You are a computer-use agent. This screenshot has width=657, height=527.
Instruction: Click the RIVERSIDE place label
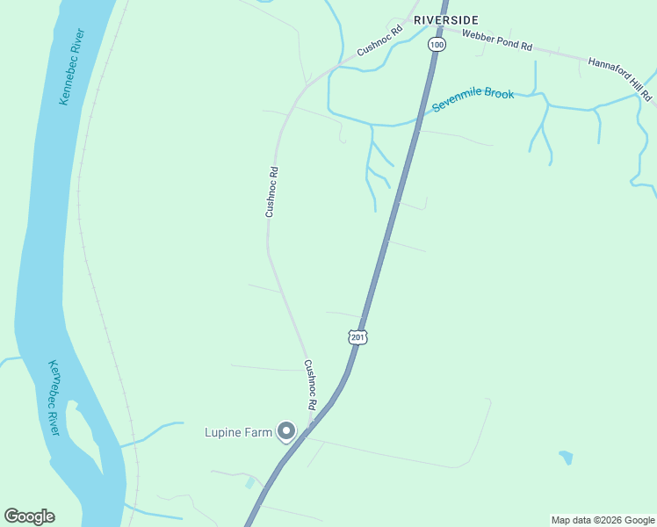[446, 19]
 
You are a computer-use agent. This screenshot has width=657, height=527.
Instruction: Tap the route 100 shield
[437, 44]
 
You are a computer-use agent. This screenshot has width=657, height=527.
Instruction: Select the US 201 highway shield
[357, 336]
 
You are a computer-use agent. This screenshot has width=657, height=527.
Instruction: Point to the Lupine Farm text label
[239, 432]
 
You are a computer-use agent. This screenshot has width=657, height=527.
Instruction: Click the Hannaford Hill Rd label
[621, 78]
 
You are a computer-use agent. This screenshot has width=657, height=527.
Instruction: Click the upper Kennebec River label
[72, 67]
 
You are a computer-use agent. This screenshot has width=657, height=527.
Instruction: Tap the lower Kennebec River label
[54, 397]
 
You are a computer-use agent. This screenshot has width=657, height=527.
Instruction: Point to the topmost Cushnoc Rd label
[379, 40]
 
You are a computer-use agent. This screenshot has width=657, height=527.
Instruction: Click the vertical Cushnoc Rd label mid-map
[272, 192]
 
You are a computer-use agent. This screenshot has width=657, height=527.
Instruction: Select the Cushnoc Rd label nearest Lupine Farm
[309, 386]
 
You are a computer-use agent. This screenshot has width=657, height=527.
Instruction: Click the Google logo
[29, 516]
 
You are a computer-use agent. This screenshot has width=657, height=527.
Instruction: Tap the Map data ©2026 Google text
[603, 520]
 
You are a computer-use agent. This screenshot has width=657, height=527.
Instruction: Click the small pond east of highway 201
[566, 458]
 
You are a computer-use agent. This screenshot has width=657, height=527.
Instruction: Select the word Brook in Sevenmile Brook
[498, 93]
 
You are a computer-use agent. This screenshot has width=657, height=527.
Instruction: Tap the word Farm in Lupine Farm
[259, 432]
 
